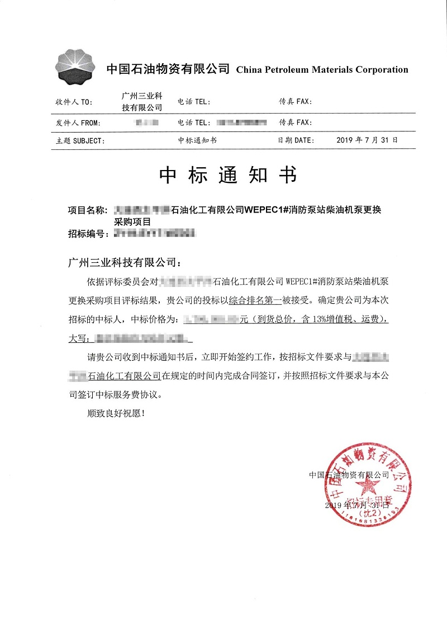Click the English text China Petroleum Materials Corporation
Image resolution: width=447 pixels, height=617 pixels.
322,70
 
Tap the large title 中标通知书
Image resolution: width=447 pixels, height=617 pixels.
227,176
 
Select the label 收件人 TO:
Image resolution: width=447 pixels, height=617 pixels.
74,102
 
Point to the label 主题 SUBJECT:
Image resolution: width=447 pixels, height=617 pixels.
80,141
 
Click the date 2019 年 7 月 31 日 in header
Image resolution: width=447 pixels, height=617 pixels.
367,140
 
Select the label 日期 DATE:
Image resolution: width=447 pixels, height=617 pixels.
296,141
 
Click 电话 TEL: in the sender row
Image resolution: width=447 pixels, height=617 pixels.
193,123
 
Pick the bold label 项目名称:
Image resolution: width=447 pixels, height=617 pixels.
87,210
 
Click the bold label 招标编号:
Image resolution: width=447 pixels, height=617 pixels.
87,234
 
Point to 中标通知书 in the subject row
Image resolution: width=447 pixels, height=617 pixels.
197,141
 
